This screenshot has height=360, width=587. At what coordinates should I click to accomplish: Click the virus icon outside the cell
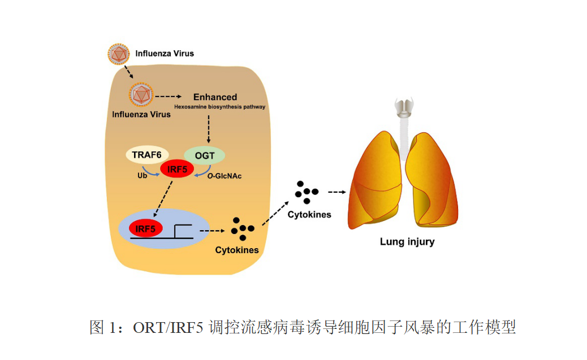(119, 54)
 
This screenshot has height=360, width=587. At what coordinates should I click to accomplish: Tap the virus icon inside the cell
(140, 96)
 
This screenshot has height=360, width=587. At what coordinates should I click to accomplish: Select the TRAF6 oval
(147, 154)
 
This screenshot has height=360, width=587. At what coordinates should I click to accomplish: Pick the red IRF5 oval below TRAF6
(177, 168)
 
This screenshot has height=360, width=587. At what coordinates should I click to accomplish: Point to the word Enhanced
(215, 97)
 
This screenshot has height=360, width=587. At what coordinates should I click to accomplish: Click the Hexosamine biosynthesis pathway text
(220, 106)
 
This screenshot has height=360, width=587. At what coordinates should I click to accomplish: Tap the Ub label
(142, 176)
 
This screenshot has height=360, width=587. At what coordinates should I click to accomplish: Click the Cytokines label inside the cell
(237, 250)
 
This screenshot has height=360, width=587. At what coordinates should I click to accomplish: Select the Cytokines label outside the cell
(309, 215)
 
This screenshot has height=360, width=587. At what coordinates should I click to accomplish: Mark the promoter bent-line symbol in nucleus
(182, 231)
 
